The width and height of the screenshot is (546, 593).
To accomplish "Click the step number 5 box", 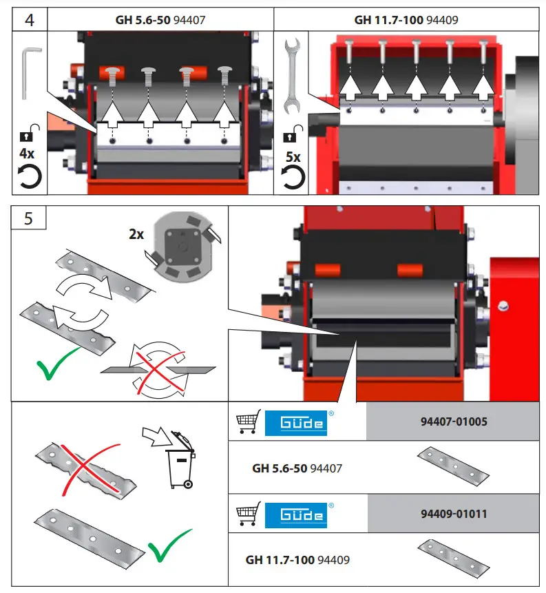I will (x=28, y=218).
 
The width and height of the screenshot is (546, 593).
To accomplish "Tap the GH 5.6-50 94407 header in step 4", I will (x=160, y=20).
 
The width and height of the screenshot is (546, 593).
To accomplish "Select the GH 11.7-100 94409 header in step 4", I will (x=406, y=20).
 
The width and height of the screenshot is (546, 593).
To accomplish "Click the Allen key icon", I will (x=29, y=72).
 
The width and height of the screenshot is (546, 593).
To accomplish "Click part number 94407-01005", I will (x=453, y=422).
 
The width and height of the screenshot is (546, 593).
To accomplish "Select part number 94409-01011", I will (x=453, y=514).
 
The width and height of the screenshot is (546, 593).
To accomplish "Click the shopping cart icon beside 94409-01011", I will (x=248, y=514).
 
